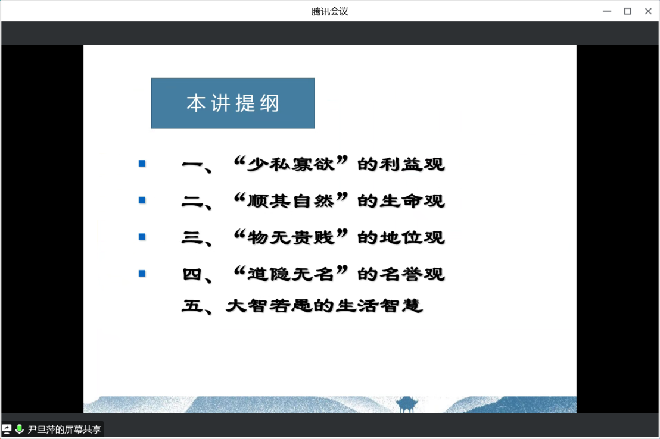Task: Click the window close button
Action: [x=648, y=11]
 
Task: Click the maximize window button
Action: [x=628, y=11]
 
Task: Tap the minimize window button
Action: [x=607, y=11]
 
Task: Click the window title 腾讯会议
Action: [x=329, y=11]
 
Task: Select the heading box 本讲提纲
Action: [x=233, y=103]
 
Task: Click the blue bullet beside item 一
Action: [x=142, y=163]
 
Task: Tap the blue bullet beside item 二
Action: [x=142, y=200]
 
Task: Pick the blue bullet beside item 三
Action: [x=142, y=237]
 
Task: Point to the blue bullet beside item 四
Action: [x=142, y=273]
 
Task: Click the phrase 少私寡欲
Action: [x=291, y=164]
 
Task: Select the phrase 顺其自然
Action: [x=291, y=200]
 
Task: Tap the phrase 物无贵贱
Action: [x=291, y=237]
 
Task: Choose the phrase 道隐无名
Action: [x=291, y=274]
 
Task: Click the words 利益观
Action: [x=412, y=164]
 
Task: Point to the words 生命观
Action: [x=412, y=200]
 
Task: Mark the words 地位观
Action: [x=412, y=237]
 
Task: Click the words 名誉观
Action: [x=412, y=274]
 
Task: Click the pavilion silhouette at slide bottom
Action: [x=406, y=404]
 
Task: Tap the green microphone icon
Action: [x=20, y=429]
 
